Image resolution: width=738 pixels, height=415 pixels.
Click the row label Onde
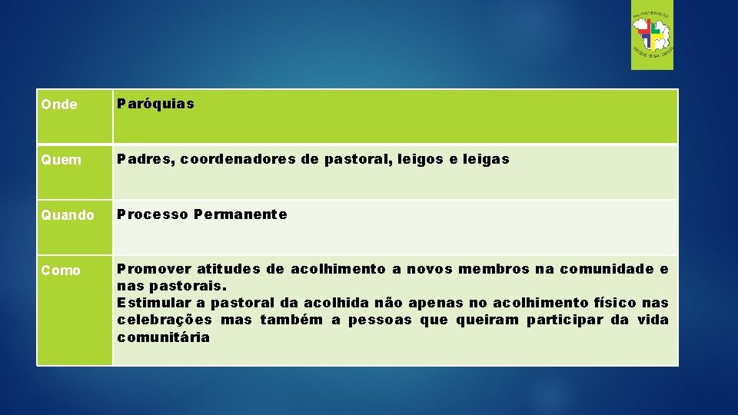pyautogui.click(x=59, y=105)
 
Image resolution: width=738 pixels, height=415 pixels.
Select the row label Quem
pyautogui.click(x=61, y=160)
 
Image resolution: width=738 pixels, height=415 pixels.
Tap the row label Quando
pyautogui.click(x=68, y=215)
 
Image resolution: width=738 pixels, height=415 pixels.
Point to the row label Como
pyautogui.click(x=61, y=270)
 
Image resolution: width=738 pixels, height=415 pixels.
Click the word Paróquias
pyautogui.click(x=155, y=103)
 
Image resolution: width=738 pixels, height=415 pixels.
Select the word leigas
pyautogui.click(x=486, y=159)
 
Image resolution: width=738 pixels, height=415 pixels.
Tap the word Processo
pyautogui.click(x=152, y=214)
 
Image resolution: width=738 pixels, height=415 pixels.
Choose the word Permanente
pyautogui.click(x=241, y=214)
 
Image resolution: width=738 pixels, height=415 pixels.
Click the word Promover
pyautogui.click(x=154, y=269)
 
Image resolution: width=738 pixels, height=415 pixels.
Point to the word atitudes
pyautogui.click(x=228, y=269)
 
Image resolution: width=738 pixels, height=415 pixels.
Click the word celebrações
pyautogui.click(x=165, y=320)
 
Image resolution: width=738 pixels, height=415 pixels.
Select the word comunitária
pyautogui.click(x=163, y=337)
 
